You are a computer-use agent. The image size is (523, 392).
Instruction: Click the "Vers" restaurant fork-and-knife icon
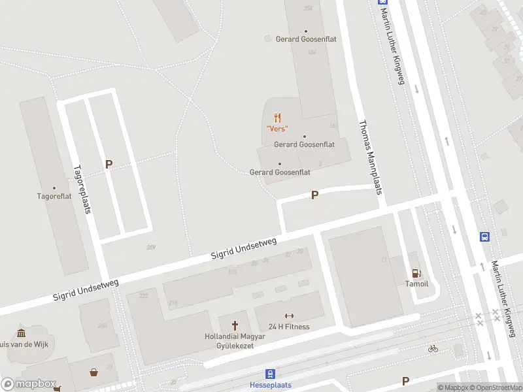(278, 118)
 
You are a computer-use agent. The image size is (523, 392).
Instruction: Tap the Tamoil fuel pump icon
(415, 273)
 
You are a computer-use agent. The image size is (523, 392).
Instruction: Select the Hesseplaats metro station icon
(270, 374)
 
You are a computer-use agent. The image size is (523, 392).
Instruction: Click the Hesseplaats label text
(270, 385)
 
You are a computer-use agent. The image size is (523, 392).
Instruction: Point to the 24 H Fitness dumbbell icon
(289, 316)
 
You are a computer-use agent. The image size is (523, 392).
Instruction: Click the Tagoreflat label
(54, 195)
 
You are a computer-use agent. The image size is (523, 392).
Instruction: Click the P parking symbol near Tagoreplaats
(109, 165)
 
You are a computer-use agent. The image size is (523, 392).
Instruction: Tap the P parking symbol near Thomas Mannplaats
(314, 195)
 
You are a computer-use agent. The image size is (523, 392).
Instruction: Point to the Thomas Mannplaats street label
(369, 157)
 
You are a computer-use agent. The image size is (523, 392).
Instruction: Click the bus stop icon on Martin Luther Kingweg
(485, 237)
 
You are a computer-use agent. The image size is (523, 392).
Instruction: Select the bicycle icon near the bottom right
(432, 348)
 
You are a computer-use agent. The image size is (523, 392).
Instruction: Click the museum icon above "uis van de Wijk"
(21, 333)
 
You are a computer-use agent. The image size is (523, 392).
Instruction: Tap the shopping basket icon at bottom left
(94, 372)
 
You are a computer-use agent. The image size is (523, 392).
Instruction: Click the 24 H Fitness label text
(289, 327)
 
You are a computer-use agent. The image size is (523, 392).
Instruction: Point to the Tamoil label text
(416, 284)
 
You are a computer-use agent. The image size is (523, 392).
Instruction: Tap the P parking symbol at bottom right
(405, 381)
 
